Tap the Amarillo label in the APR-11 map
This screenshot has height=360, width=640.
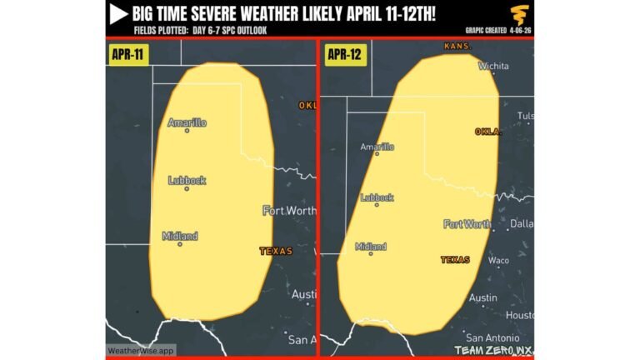(187, 123)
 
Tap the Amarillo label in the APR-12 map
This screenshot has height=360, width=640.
(377, 147)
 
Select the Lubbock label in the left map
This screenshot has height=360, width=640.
(187, 180)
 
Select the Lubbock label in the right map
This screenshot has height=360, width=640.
(377, 197)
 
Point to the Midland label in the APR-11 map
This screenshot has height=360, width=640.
(180, 236)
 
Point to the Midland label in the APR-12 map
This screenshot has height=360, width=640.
(371, 247)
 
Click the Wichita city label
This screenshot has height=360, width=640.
(493, 65)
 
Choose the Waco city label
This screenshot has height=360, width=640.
(498, 260)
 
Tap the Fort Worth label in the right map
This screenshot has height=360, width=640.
(467, 223)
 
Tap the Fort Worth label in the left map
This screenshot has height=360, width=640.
(289, 210)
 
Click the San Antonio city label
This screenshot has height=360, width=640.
(492, 337)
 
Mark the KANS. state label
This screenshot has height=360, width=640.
(458, 46)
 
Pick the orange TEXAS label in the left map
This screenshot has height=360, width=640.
(276, 250)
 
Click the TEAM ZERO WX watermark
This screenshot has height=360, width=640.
(492, 351)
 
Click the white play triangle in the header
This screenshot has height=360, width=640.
(117, 13)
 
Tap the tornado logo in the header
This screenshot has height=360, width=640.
(520, 15)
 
